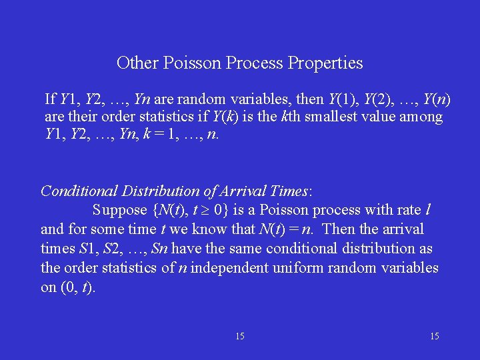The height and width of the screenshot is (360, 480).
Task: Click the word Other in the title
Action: pyautogui.click(x=135, y=63)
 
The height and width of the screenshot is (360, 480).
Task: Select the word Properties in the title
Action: pyautogui.click(x=325, y=63)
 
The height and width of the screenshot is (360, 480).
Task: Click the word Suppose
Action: pyautogui.click(x=120, y=210)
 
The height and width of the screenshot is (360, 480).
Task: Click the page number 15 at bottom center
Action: pyautogui.click(x=240, y=337)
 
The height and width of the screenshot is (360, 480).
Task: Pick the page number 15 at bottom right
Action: pyautogui.click(x=435, y=337)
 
